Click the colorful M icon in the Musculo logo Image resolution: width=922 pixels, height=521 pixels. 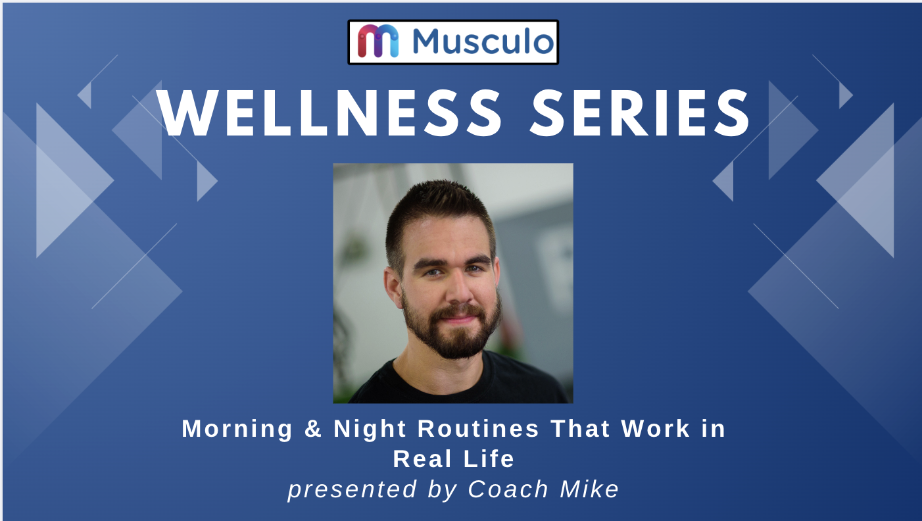point(378,41)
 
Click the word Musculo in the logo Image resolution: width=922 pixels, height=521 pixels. point(483,41)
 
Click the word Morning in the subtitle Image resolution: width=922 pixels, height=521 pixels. point(237,429)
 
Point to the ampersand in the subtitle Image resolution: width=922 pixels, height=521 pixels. point(313,428)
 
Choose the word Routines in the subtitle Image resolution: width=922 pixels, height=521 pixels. point(478,428)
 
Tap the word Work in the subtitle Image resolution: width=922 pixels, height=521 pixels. point(656,428)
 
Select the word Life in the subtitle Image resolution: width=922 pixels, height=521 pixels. point(489,459)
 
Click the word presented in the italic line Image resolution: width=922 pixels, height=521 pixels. point(352,490)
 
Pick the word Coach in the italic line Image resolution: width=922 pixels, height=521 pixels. point(508,489)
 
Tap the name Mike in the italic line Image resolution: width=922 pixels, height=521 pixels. point(589,489)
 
